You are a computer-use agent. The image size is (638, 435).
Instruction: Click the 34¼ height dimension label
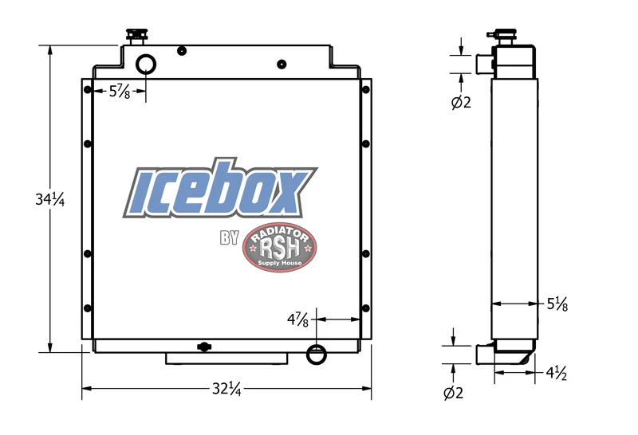49,199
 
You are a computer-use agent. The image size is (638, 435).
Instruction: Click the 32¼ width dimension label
226,389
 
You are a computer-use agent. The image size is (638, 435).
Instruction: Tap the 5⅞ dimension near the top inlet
120,92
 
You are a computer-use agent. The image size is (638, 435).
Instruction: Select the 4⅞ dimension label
297,319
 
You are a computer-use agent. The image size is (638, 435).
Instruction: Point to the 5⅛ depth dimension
557,304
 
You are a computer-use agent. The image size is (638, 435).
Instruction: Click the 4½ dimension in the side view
557,373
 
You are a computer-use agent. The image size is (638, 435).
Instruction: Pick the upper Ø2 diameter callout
461,102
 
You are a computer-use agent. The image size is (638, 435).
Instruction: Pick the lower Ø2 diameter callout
453,393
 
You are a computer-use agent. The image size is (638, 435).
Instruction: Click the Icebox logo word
220,188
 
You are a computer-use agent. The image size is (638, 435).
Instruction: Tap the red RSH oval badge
279,247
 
